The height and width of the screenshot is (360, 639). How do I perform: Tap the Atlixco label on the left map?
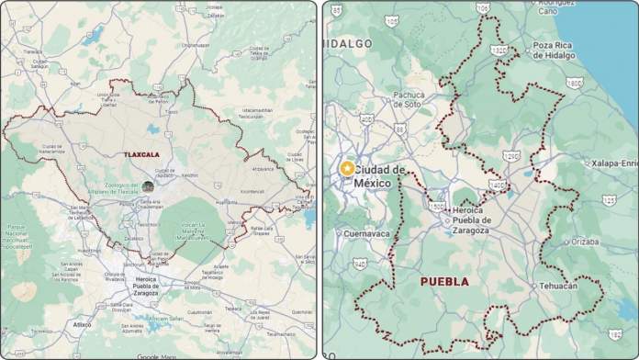click(x=83, y=324)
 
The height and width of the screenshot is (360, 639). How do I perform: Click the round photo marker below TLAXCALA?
click(x=147, y=186)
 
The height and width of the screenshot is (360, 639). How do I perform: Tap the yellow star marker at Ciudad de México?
click(x=346, y=169)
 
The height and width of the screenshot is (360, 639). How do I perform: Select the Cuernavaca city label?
click(x=367, y=234)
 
